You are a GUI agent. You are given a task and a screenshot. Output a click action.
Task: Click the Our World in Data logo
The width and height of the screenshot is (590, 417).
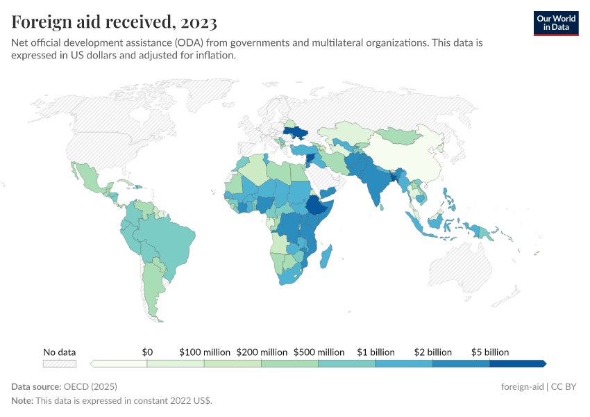coord(555,23)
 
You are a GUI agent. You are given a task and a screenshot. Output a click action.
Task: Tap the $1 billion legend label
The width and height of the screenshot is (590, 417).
coord(376,352)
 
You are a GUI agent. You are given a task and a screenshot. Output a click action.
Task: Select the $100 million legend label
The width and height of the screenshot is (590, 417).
coord(205,352)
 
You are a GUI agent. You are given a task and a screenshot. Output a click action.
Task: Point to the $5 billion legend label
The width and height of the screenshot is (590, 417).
coord(490,352)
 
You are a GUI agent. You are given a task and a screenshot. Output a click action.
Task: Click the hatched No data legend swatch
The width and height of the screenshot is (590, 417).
coord(60,363)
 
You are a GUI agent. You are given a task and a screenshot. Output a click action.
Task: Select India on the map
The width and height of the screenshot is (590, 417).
coord(376,184)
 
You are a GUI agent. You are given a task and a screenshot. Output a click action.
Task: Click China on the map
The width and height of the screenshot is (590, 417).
coord(410,156)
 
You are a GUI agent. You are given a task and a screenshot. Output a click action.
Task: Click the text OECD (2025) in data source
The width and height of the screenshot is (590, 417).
coord(90,386)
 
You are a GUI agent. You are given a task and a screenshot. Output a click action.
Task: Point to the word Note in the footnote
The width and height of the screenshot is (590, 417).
coord(23,401)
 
